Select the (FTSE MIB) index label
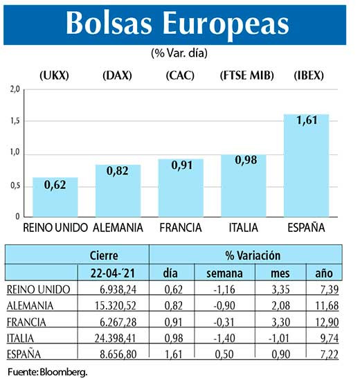click(244, 74)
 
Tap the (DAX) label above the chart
click(118, 74)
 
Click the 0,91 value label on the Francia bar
click(181, 166)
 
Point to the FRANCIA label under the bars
click(181, 227)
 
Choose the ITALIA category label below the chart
click(244, 227)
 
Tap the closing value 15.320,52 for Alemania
click(119, 305)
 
